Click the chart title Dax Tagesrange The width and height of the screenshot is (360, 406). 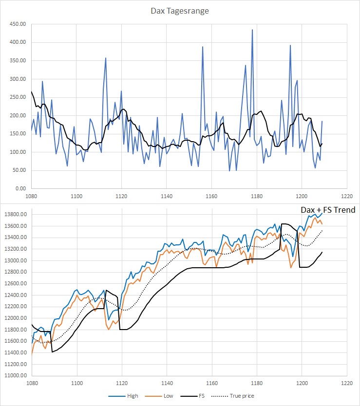[x=180, y=11]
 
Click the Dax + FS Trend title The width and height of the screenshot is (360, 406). [x=327, y=210]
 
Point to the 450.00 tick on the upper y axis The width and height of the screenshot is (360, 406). [x=16, y=24]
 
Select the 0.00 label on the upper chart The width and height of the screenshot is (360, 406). [x=20, y=188]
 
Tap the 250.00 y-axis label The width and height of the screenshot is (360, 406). [x=16, y=97]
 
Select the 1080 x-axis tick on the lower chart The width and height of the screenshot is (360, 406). [x=32, y=383]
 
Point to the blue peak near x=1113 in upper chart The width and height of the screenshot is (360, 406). [x=106, y=58]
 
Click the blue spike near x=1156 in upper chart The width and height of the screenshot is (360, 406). [x=203, y=47]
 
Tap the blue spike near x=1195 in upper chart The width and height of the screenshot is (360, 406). [x=290, y=45]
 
